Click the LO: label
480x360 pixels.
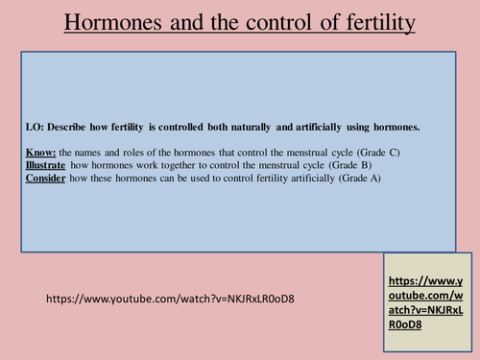pyautogui.click(x=36, y=127)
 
